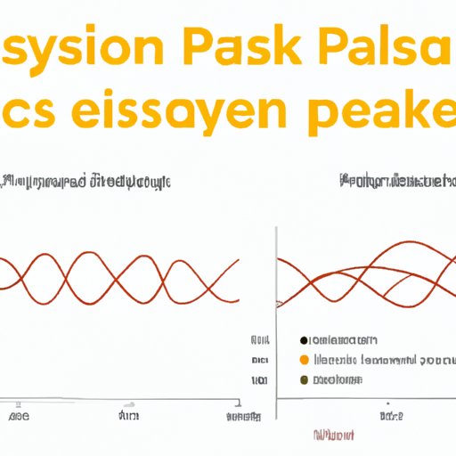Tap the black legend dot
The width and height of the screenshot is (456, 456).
(x=305, y=340)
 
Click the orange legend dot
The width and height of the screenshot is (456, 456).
(x=305, y=360)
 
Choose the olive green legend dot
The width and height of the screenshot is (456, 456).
(x=305, y=379)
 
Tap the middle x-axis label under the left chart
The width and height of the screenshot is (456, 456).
(x=128, y=416)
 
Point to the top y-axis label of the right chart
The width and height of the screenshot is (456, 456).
(x=259, y=340)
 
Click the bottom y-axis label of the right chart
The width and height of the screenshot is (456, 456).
(x=259, y=379)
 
